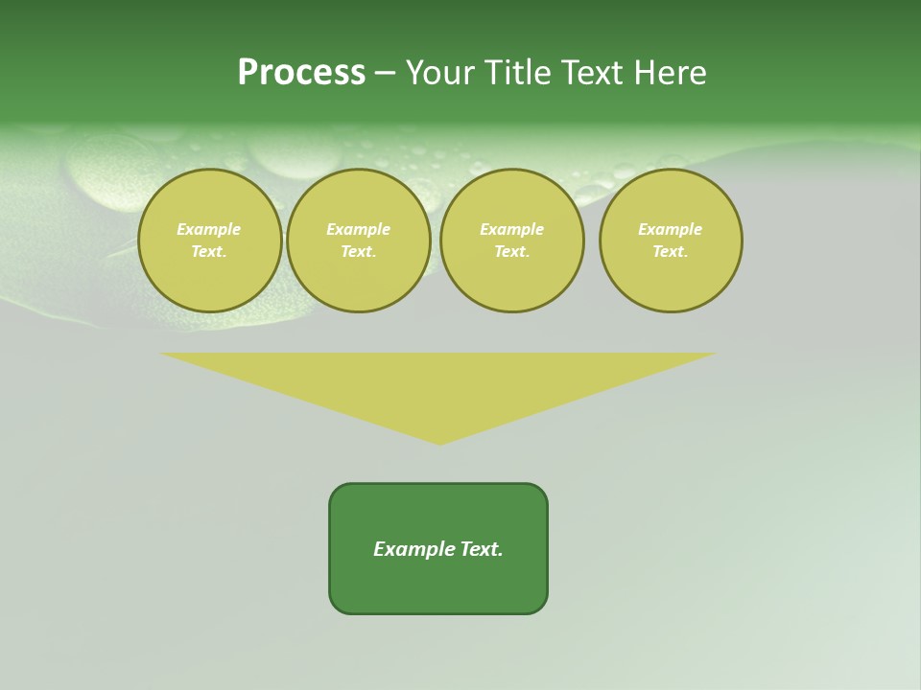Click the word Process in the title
301,73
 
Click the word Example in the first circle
209,229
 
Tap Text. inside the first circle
209,251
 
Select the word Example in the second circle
359,229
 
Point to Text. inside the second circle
359,251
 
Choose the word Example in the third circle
512,229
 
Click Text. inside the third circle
512,251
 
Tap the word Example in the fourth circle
671,229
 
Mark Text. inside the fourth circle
671,251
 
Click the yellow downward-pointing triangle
438,383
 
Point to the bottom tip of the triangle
439,442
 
